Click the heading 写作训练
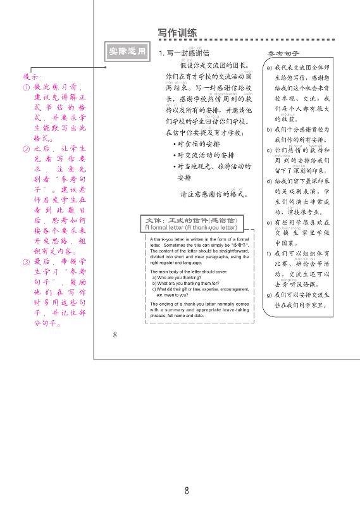tap(177, 34)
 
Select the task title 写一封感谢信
tap(187, 53)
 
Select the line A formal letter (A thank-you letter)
tap(190, 227)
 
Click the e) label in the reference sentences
tap(269, 223)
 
